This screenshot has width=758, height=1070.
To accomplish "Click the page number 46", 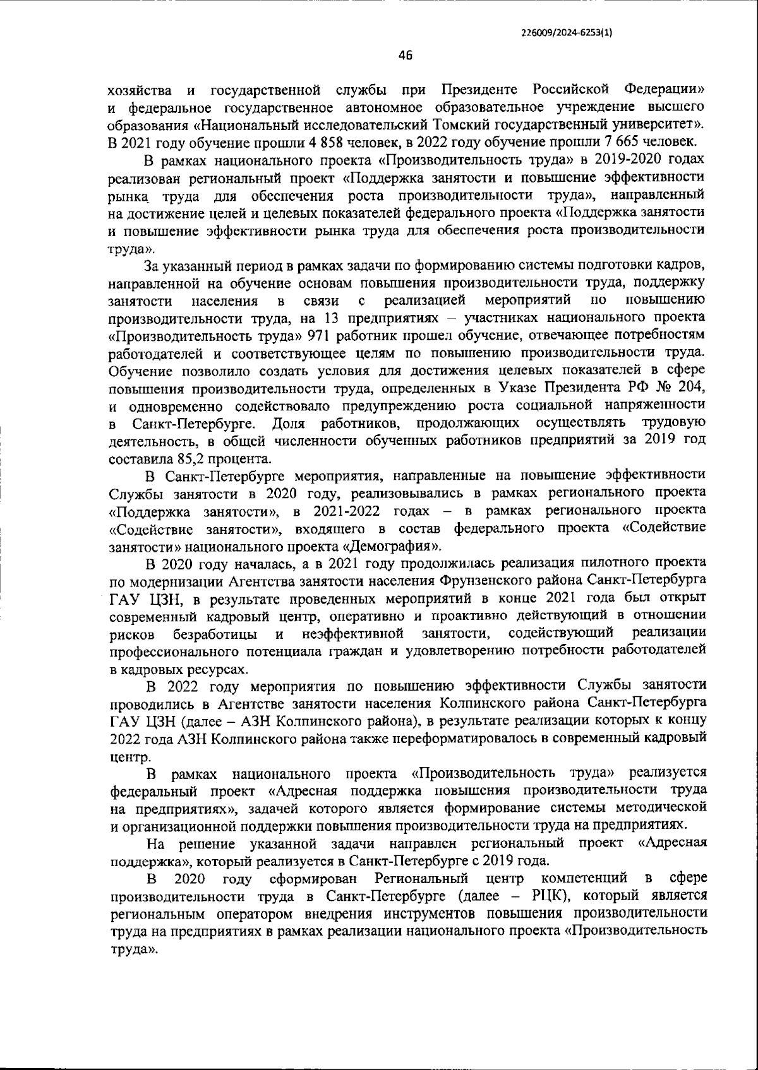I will (x=405, y=56).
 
